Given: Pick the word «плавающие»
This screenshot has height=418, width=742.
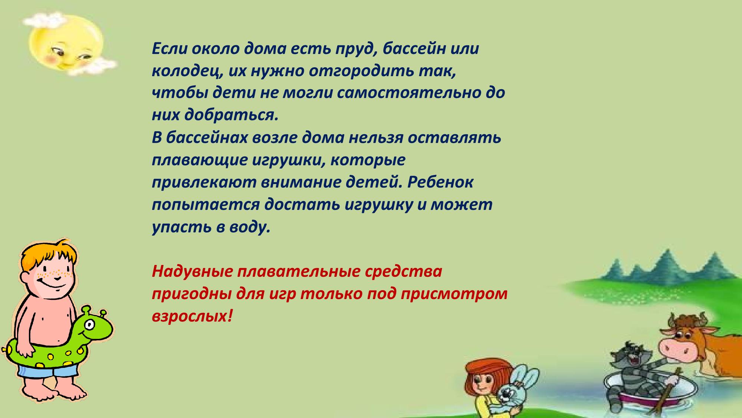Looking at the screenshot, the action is click(x=200, y=161).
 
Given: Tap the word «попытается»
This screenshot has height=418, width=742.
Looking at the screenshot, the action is click(x=206, y=205).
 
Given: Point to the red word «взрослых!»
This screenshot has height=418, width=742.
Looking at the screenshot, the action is click(x=192, y=317).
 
